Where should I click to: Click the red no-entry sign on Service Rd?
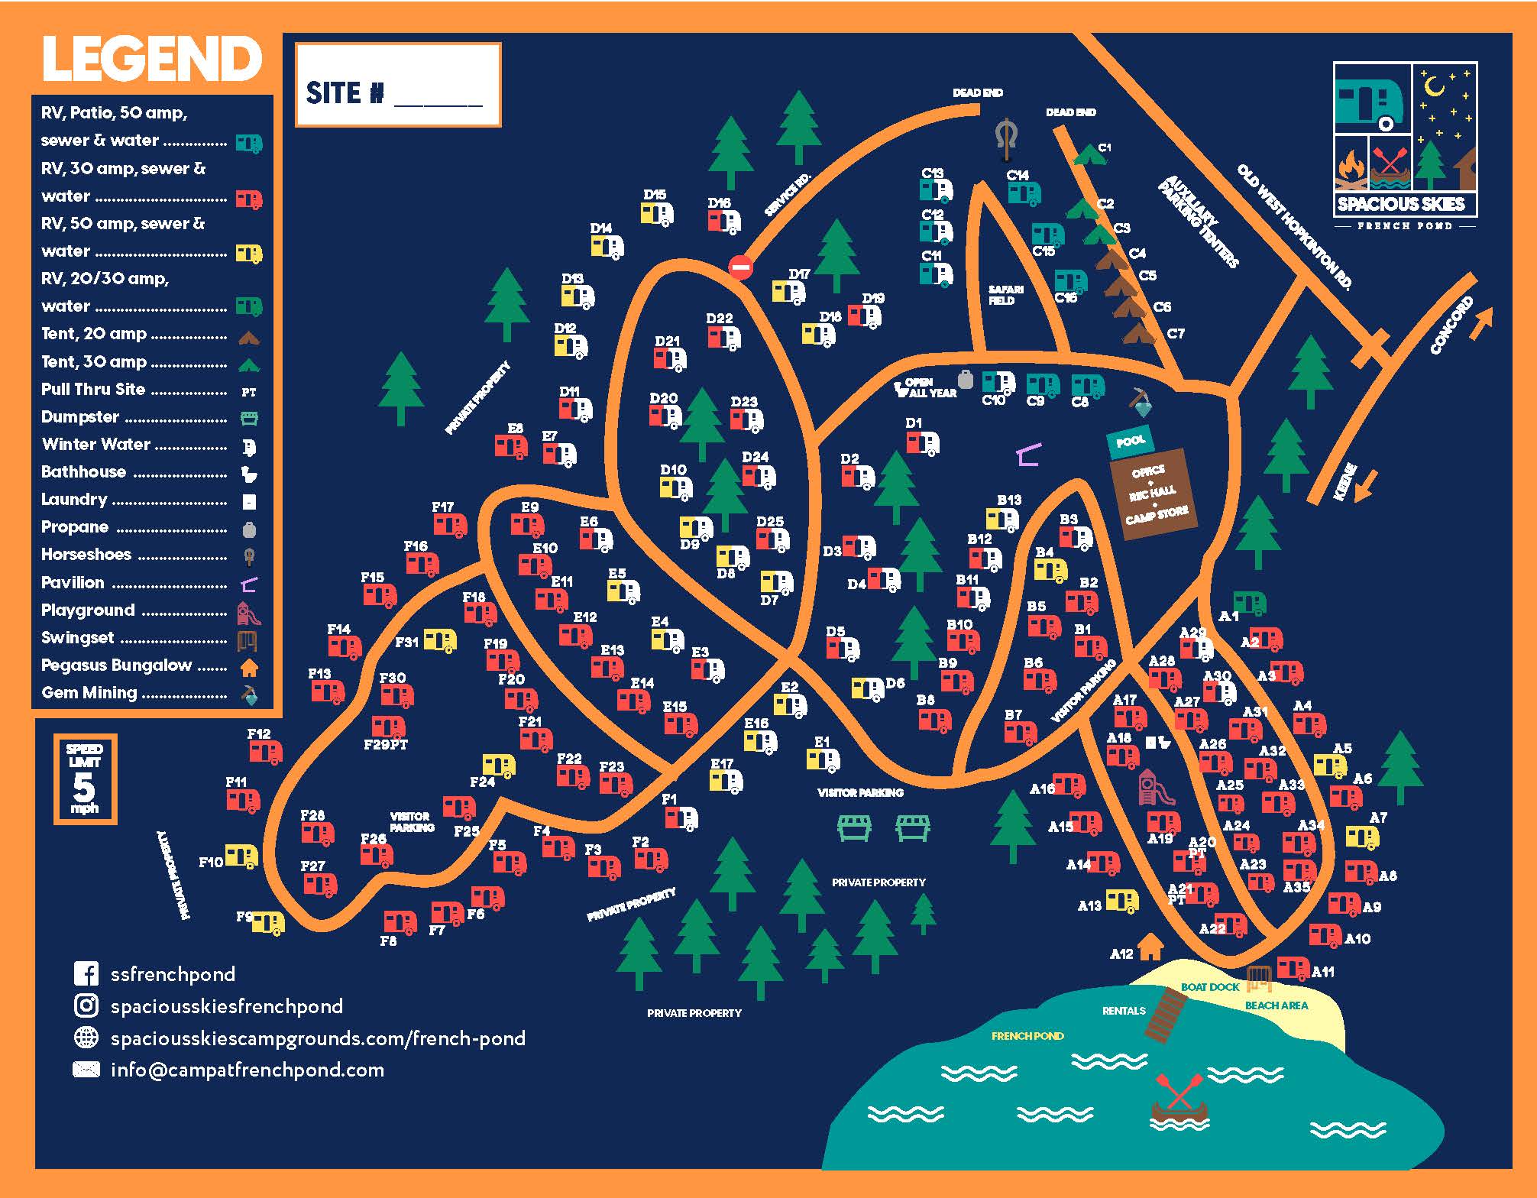click(739, 267)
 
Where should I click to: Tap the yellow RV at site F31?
click(439, 640)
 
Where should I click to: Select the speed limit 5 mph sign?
click(85, 779)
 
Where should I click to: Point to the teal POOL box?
click(1130, 442)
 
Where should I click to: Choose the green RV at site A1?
click(1250, 604)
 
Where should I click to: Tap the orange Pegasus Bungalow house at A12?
click(1150, 947)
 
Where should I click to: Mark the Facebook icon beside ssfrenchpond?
click(86, 974)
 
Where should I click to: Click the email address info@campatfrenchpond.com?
click(247, 1070)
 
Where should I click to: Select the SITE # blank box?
click(398, 85)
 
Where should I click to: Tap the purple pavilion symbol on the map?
click(1029, 455)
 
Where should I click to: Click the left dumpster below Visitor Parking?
click(855, 827)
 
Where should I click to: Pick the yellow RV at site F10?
click(241, 856)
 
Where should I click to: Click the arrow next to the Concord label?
click(1482, 323)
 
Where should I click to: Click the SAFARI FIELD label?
click(1005, 295)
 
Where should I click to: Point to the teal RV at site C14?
click(1024, 193)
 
